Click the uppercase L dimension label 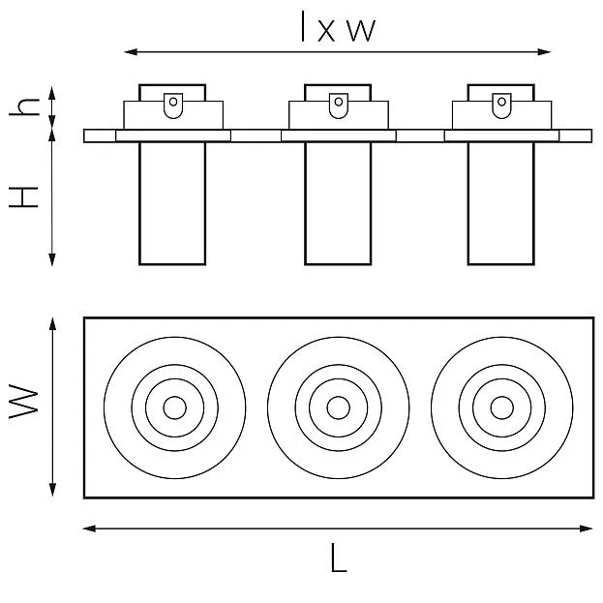point(339,558)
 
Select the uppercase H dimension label point(23,196)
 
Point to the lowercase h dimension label point(24,106)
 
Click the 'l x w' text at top point(338,26)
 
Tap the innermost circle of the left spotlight point(174,407)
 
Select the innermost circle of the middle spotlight point(339,407)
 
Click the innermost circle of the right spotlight point(502,407)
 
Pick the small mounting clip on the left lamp point(173,106)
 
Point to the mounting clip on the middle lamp point(339,106)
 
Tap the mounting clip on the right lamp point(501,106)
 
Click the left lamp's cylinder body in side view point(172,203)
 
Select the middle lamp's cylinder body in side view point(338,203)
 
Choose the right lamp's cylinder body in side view point(501,203)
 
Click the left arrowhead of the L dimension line point(89,528)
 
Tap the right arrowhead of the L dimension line point(587,528)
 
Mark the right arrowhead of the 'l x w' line point(545,52)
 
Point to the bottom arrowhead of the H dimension point(52,260)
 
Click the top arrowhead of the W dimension point(52,324)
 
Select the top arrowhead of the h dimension point(52,93)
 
